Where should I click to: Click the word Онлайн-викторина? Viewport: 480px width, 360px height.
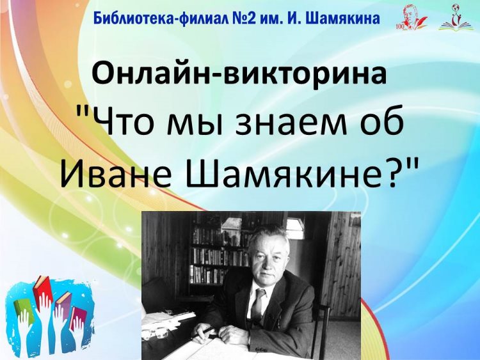239,74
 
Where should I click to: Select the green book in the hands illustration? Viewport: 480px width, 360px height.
21,308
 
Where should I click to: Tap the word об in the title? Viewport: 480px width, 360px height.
381,122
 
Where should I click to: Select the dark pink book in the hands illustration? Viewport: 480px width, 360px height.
78,318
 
